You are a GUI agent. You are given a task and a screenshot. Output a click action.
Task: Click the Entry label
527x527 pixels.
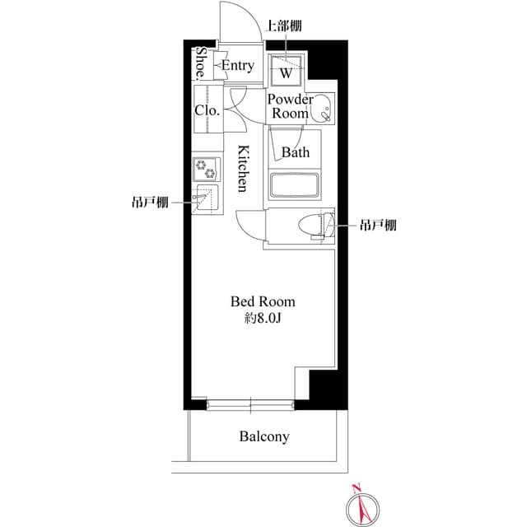[x=238, y=66]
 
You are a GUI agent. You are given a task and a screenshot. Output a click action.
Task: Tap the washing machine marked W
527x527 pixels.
[x=287, y=72]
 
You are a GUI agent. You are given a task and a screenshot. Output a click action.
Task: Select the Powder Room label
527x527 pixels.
[x=290, y=107]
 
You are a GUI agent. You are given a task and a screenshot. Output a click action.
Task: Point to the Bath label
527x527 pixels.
[x=295, y=152]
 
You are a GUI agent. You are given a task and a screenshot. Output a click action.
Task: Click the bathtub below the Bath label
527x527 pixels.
[x=294, y=186]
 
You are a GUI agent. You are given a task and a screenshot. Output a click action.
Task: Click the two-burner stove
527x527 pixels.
[x=207, y=170]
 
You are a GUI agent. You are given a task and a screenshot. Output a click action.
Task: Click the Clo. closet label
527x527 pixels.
[x=206, y=110]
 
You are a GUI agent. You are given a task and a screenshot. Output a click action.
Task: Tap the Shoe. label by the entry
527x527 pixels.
[x=201, y=63]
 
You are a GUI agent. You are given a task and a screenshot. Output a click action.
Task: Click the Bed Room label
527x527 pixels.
[x=262, y=302]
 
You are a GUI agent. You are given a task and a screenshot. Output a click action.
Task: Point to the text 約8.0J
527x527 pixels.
[x=262, y=319]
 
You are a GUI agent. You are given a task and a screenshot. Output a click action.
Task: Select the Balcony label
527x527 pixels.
[x=264, y=436]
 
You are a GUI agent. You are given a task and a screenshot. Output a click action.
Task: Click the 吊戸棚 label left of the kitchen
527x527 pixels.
[x=150, y=202]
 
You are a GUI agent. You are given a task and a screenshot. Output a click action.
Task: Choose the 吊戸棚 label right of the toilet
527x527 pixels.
[x=378, y=225]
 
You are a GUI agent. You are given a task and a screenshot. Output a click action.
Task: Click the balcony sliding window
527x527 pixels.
[x=251, y=403]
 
